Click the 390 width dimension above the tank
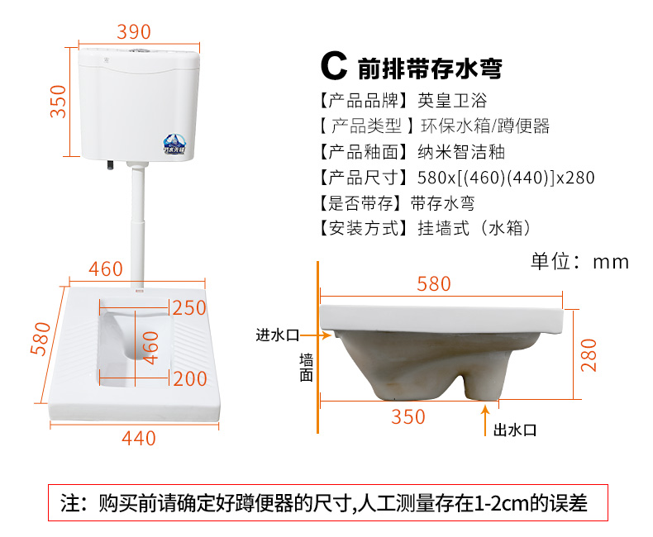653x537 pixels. pyautogui.click(x=134, y=31)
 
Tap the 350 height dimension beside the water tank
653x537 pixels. pyautogui.click(x=59, y=102)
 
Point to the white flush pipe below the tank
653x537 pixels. pyautogui.click(x=138, y=225)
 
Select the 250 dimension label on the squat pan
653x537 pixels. pyautogui.click(x=189, y=308)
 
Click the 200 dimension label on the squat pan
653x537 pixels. pyautogui.click(x=190, y=379)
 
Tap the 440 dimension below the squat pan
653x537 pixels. pyautogui.click(x=139, y=439)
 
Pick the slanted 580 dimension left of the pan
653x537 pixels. pyautogui.click(x=41, y=339)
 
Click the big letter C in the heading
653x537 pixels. pyautogui.click(x=334, y=66)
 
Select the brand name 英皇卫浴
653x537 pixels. pyautogui.click(x=452, y=101)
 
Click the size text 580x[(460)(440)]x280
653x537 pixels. pyautogui.click(x=506, y=178)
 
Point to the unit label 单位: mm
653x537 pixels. pyautogui.click(x=579, y=262)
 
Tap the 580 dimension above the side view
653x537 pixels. pyautogui.click(x=434, y=284)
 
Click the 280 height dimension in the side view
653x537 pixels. pyautogui.click(x=589, y=355)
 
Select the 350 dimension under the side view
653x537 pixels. pyautogui.click(x=408, y=416)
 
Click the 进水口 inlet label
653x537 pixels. pyautogui.click(x=278, y=335)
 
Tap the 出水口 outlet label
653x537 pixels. pyautogui.click(x=515, y=430)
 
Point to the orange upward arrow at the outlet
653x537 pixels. pyautogui.click(x=485, y=421)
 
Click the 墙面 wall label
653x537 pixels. pyautogui.click(x=306, y=368)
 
